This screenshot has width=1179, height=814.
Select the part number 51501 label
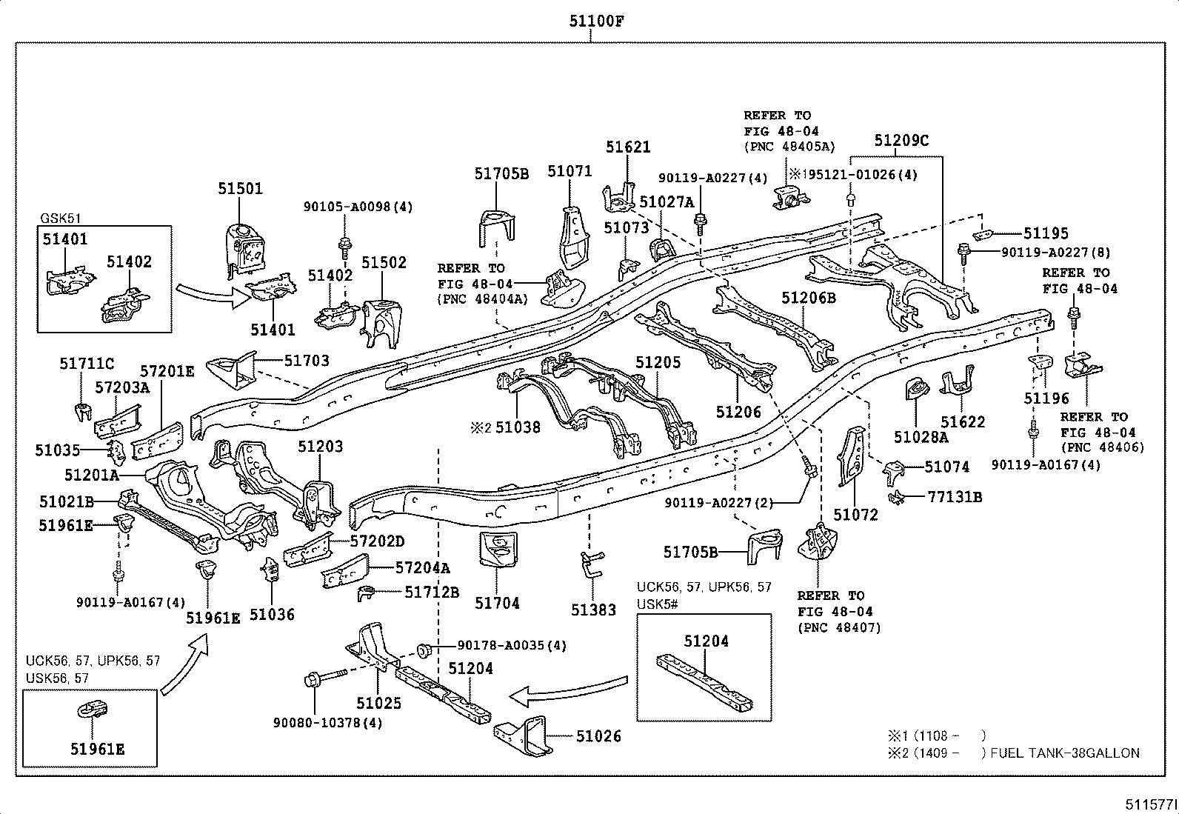coord(240,189)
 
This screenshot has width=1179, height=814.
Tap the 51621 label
coord(628,147)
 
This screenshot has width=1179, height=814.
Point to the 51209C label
coord(901,141)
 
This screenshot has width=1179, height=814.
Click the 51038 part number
coord(518,427)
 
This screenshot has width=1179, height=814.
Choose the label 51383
coord(593,610)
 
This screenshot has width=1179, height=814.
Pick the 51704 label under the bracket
coord(497,604)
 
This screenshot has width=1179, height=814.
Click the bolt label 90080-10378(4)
coord(327,722)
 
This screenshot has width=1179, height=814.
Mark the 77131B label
coord(955,497)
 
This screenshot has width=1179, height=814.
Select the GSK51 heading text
coord(61,218)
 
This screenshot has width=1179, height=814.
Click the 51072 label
coord(855,515)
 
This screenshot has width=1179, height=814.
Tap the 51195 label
coord(1046,233)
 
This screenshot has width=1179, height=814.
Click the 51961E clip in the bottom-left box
coord(91,710)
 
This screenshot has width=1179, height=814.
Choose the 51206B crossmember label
coord(809,298)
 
